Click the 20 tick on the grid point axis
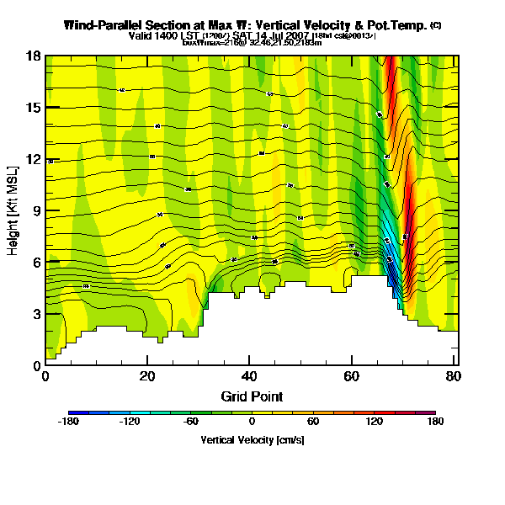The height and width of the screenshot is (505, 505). pos(147,376)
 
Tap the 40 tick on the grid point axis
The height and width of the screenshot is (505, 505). pos(250,376)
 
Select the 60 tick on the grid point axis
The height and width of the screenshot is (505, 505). pos(352,376)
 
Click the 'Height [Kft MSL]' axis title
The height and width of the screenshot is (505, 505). pos(14,211)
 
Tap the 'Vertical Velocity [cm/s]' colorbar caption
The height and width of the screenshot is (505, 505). pos(252,440)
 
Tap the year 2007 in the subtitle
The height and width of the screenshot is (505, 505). pos(294,36)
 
